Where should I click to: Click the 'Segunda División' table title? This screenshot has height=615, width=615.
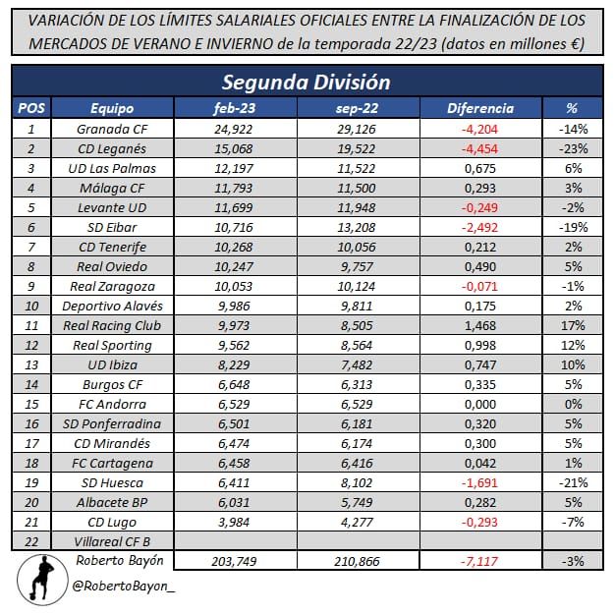pyautogui.click(x=307, y=83)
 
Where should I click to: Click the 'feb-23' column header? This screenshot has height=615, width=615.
pyautogui.click(x=237, y=108)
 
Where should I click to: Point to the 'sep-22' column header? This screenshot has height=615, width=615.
pyautogui.click(x=358, y=108)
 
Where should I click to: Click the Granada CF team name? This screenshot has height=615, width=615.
pyautogui.click(x=111, y=129)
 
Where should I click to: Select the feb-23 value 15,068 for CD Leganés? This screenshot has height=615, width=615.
pyautogui.click(x=237, y=148)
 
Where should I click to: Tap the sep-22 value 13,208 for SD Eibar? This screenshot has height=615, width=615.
pyautogui.click(x=358, y=227)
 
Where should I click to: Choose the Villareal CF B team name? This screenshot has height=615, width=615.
pyautogui.click(x=111, y=540)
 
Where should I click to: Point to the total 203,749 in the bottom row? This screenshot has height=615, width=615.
pyautogui.click(x=237, y=561)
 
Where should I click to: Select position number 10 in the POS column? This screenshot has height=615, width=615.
pyautogui.click(x=31, y=306)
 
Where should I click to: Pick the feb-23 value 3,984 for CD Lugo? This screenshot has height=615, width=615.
pyautogui.click(x=237, y=521)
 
